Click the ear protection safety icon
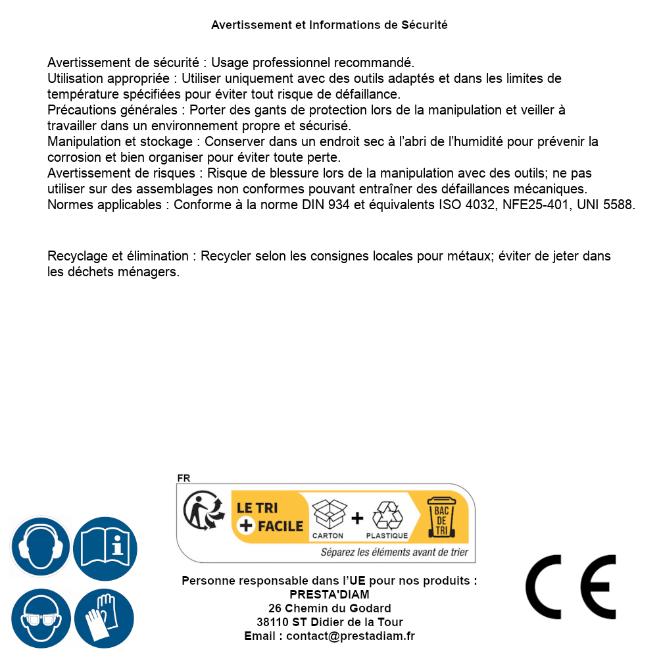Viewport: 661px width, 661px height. pyautogui.click(x=41, y=547)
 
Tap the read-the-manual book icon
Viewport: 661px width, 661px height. pyautogui.click(x=105, y=547)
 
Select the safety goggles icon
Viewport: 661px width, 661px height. pyautogui.click(x=41, y=619)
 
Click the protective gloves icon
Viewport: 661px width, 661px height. pyautogui.click(x=105, y=619)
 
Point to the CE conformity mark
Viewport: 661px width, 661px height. pyautogui.click(x=571, y=587)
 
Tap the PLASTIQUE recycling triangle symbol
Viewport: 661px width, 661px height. pyautogui.click(x=387, y=516)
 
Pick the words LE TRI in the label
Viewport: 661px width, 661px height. pyautogui.click(x=257, y=508)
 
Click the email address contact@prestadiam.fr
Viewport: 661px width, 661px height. pyautogui.click(x=351, y=636)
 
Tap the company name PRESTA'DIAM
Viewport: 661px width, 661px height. pyautogui.click(x=330, y=595)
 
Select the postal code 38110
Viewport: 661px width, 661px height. pyautogui.click(x=272, y=622)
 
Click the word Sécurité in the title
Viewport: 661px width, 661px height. pyautogui.click(x=424, y=25)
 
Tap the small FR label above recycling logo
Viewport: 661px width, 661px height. pyautogui.click(x=184, y=478)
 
